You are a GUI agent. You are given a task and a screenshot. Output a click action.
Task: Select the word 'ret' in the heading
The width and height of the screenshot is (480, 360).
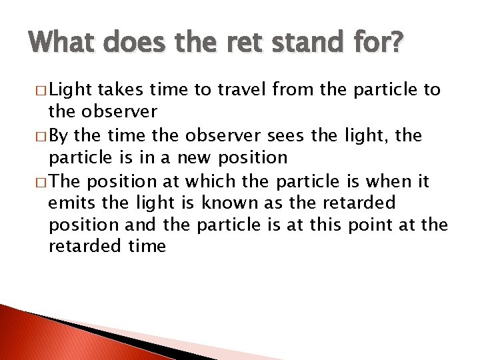[238, 43]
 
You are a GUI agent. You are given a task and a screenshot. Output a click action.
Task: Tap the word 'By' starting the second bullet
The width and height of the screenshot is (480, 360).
[60, 135]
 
